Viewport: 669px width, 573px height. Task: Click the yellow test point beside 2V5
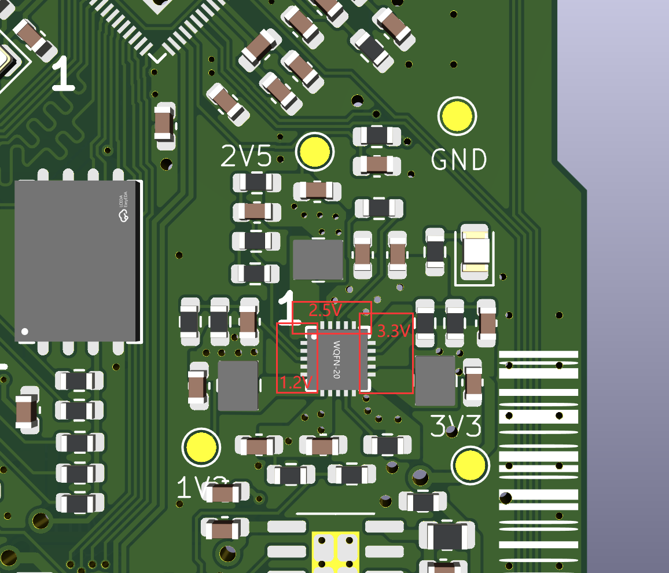pos(315,151)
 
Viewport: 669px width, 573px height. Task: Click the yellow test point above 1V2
pos(201,447)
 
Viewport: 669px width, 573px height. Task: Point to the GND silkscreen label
pos(459,160)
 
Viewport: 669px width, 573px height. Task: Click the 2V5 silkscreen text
pos(247,156)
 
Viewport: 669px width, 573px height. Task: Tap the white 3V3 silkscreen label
pos(456,427)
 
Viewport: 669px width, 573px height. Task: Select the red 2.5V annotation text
pos(325,310)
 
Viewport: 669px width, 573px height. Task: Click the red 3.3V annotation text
pos(394,332)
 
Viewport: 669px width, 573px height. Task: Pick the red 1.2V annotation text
pos(296,383)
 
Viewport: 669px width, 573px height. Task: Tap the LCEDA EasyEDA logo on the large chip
pos(123,208)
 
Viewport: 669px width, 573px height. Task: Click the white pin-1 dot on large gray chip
pos(25,332)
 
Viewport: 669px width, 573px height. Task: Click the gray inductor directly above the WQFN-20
pos(318,260)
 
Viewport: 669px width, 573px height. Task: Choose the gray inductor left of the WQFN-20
pos(237,385)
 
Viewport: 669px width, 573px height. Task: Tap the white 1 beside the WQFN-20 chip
pos(286,307)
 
